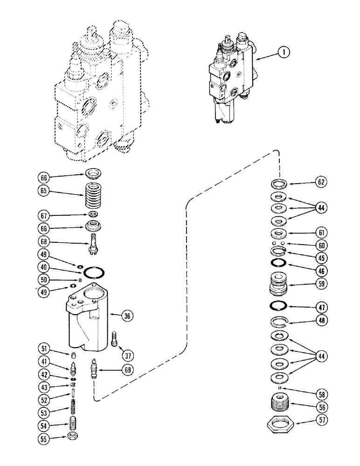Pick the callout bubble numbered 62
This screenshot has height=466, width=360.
[x=321, y=183]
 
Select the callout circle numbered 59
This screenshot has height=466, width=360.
[x=321, y=283]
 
